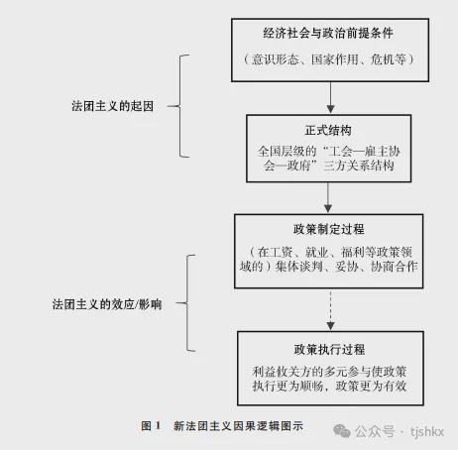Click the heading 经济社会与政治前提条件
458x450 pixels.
328,33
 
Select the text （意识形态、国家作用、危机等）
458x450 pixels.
328,59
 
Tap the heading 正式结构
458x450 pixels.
328,130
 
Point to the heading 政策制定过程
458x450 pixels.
329,229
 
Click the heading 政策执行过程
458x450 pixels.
329,349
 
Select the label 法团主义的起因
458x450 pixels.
113,106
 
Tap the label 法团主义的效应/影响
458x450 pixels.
107,304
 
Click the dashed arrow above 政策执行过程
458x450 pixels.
330,309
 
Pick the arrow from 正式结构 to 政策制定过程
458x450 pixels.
328,197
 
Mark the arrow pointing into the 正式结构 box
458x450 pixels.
330,97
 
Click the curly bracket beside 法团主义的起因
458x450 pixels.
180,106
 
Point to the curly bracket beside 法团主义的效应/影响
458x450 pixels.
187,303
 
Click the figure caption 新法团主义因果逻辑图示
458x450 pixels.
238,426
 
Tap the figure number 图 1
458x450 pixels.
151,426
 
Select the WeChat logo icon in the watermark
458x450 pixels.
342,431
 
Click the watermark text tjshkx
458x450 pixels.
427,431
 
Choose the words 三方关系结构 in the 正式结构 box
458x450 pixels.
359,166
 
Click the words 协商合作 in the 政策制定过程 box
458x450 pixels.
395,267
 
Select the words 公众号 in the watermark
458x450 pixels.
375,431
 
